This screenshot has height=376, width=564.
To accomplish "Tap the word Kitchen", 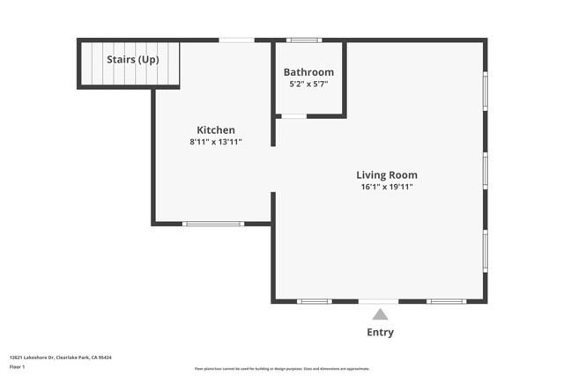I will (215, 129).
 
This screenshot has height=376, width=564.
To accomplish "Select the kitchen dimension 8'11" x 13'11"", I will (215, 142).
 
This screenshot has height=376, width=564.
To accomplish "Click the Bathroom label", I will (308, 72).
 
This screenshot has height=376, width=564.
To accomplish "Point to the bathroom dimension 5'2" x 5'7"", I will (308, 84).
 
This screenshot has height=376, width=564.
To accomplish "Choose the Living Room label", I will (386, 174).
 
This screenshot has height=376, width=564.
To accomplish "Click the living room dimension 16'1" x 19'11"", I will (386, 187).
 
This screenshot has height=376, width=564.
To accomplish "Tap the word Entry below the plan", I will (380, 332).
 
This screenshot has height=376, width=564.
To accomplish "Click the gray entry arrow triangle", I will (380, 314).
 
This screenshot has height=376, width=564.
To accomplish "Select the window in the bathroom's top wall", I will (304, 40).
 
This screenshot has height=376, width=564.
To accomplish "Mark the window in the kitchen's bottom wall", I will (212, 224).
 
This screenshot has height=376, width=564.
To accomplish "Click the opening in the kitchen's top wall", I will (236, 40).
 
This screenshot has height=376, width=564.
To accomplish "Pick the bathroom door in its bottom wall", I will (293, 116).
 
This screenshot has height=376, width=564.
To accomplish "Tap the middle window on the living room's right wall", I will (485, 170).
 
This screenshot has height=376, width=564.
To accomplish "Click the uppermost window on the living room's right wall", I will (485, 91).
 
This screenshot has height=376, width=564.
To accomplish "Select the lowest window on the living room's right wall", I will (485, 250).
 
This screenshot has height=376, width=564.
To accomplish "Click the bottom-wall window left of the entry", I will (314, 301).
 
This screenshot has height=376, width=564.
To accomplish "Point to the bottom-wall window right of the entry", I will (446, 301).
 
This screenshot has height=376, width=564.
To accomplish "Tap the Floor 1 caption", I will (18, 366).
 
